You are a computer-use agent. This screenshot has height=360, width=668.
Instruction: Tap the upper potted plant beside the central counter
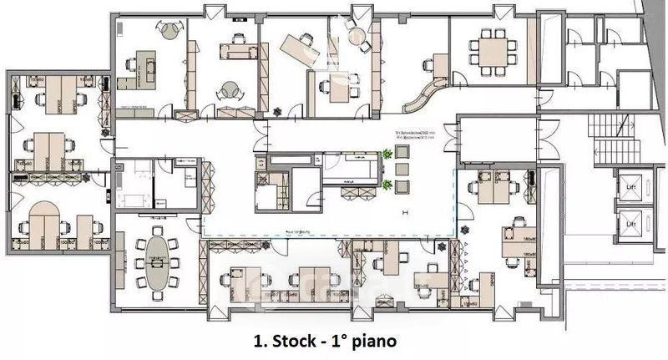point(387,155)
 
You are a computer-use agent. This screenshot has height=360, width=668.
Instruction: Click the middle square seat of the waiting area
point(402,167)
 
